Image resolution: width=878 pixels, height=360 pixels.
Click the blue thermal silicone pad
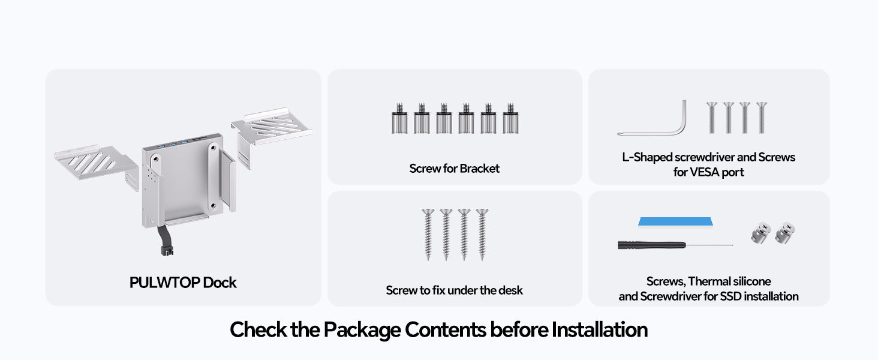tap(675, 221)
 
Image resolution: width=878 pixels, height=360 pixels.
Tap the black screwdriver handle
tap(651, 245)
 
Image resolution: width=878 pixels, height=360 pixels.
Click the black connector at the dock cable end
tap(167, 251)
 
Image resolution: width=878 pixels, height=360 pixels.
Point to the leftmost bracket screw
tap(399, 118)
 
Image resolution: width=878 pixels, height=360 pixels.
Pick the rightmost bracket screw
tap(511, 118)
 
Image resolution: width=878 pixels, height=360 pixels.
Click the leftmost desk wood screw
tap(428, 235)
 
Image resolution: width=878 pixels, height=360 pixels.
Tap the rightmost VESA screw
tap(762, 118)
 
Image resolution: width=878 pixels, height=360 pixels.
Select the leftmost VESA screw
tap(712, 118)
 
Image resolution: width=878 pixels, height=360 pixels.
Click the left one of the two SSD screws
tap(761, 233)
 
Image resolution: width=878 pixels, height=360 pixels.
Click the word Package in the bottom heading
tap(362, 330)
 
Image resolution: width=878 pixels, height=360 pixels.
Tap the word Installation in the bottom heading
tap(600, 329)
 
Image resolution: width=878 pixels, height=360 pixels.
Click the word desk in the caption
tap(511, 290)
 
